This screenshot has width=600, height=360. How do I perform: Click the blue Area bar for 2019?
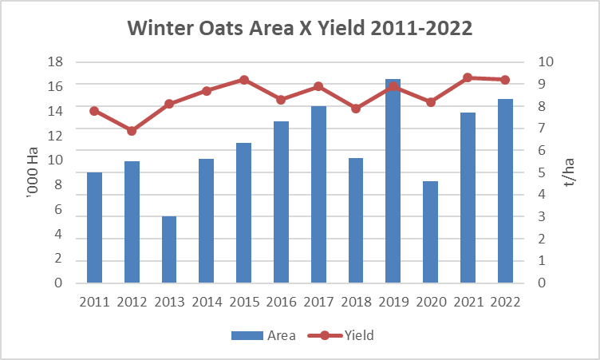pyautogui.click(x=393, y=180)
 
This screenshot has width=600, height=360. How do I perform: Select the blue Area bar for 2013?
pyautogui.click(x=169, y=250)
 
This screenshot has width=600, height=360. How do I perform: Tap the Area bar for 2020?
pyautogui.click(x=431, y=232)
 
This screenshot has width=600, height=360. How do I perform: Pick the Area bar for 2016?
pyautogui.click(x=281, y=202)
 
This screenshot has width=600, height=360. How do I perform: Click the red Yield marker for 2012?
pyautogui.click(x=132, y=131)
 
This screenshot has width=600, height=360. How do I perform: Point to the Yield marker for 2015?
pyautogui.click(x=244, y=80)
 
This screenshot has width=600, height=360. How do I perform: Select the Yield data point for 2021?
pyautogui.click(x=468, y=77)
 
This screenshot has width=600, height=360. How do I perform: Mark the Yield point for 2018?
pyautogui.click(x=356, y=109)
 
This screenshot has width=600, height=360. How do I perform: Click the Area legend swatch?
pyautogui.click(x=247, y=336)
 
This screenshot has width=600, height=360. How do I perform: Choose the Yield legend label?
pyautogui.click(x=359, y=335)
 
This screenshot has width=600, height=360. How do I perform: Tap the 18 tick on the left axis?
pyautogui.click(x=55, y=61)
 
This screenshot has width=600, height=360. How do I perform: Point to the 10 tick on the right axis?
pyautogui.click(x=546, y=61)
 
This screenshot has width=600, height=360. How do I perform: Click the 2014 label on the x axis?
pyautogui.click(x=207, y=303)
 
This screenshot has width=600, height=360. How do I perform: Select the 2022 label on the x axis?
pyautogui.click(x=506, y=303)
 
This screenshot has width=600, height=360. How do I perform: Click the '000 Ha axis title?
pyautogui.click(x=33, y=172)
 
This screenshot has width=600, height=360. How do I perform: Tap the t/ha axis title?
pyautogui.click(x=569, y=172)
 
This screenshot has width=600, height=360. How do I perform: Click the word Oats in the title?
pyautogui.click(x=220, y=28)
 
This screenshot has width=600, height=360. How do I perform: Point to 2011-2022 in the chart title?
pyautogui.click(x=421, y=28)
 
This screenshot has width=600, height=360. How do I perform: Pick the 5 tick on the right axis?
pyautogui.click(x=542, y=172)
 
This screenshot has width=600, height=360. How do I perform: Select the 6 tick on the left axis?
pyautogui.click(x=58, y=209)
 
